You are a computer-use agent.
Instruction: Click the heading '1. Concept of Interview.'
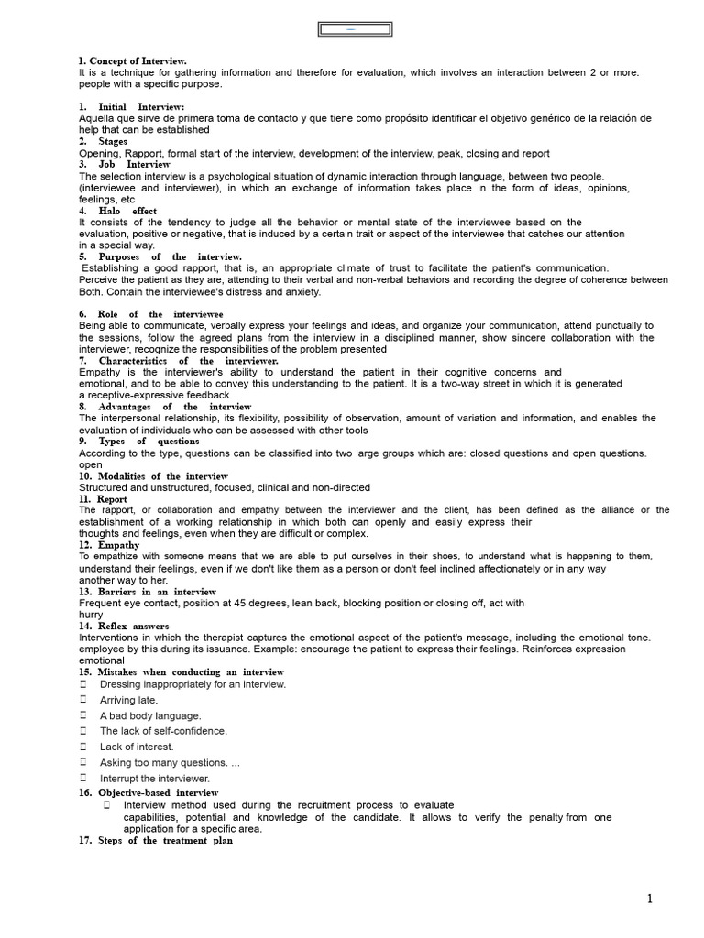pos(133,60)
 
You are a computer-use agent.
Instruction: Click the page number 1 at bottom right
pos(650,899)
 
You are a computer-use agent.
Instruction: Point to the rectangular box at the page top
pos(355,30)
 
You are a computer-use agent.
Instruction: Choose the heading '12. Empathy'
pos(109,545)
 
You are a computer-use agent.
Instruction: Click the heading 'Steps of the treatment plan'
pos(156,841)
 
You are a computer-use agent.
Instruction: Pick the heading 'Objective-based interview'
pos(148,792)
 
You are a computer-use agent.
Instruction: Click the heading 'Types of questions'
pos(138,442)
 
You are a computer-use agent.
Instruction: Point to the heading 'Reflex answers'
pos(124,627)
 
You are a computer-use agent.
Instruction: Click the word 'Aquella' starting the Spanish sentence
pos(96,119)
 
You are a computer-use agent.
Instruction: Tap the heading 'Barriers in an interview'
pos(148,592)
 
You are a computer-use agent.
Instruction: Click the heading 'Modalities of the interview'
pos(154,476)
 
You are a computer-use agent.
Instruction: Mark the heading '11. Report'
pos(104,499)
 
